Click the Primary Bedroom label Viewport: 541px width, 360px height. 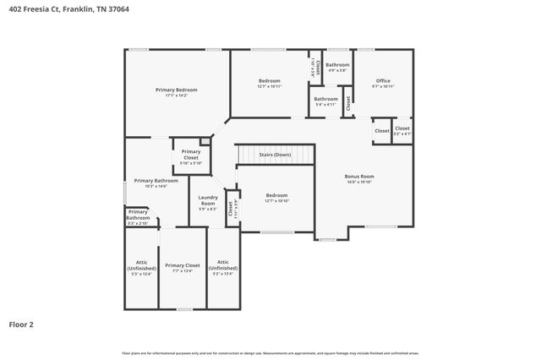click(177, 90)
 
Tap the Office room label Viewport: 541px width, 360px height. click(383, 81)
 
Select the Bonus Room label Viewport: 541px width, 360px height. click(359, 177)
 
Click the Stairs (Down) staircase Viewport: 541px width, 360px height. click(274, 155)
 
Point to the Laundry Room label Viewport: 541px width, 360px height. click(207, 200)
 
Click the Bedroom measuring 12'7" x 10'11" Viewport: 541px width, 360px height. click(270, 81)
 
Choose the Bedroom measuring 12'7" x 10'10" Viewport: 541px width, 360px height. click(276, 195)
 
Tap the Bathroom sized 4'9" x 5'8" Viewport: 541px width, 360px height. click(337, 65)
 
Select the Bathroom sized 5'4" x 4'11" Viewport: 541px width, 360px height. click(326, 99)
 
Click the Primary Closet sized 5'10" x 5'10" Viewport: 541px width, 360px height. click(191, 154)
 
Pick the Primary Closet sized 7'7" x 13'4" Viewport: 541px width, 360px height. click(183, 265)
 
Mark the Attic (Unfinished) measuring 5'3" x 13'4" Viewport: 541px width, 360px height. click(141, 265)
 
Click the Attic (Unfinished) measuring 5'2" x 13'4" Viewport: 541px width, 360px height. click(223, 265)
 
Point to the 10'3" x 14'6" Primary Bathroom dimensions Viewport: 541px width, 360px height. click(156, 186)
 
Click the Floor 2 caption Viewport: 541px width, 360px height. click(21, 324)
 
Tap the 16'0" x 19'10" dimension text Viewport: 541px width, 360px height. click(359, 182)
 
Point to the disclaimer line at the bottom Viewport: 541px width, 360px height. click(270, 353)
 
